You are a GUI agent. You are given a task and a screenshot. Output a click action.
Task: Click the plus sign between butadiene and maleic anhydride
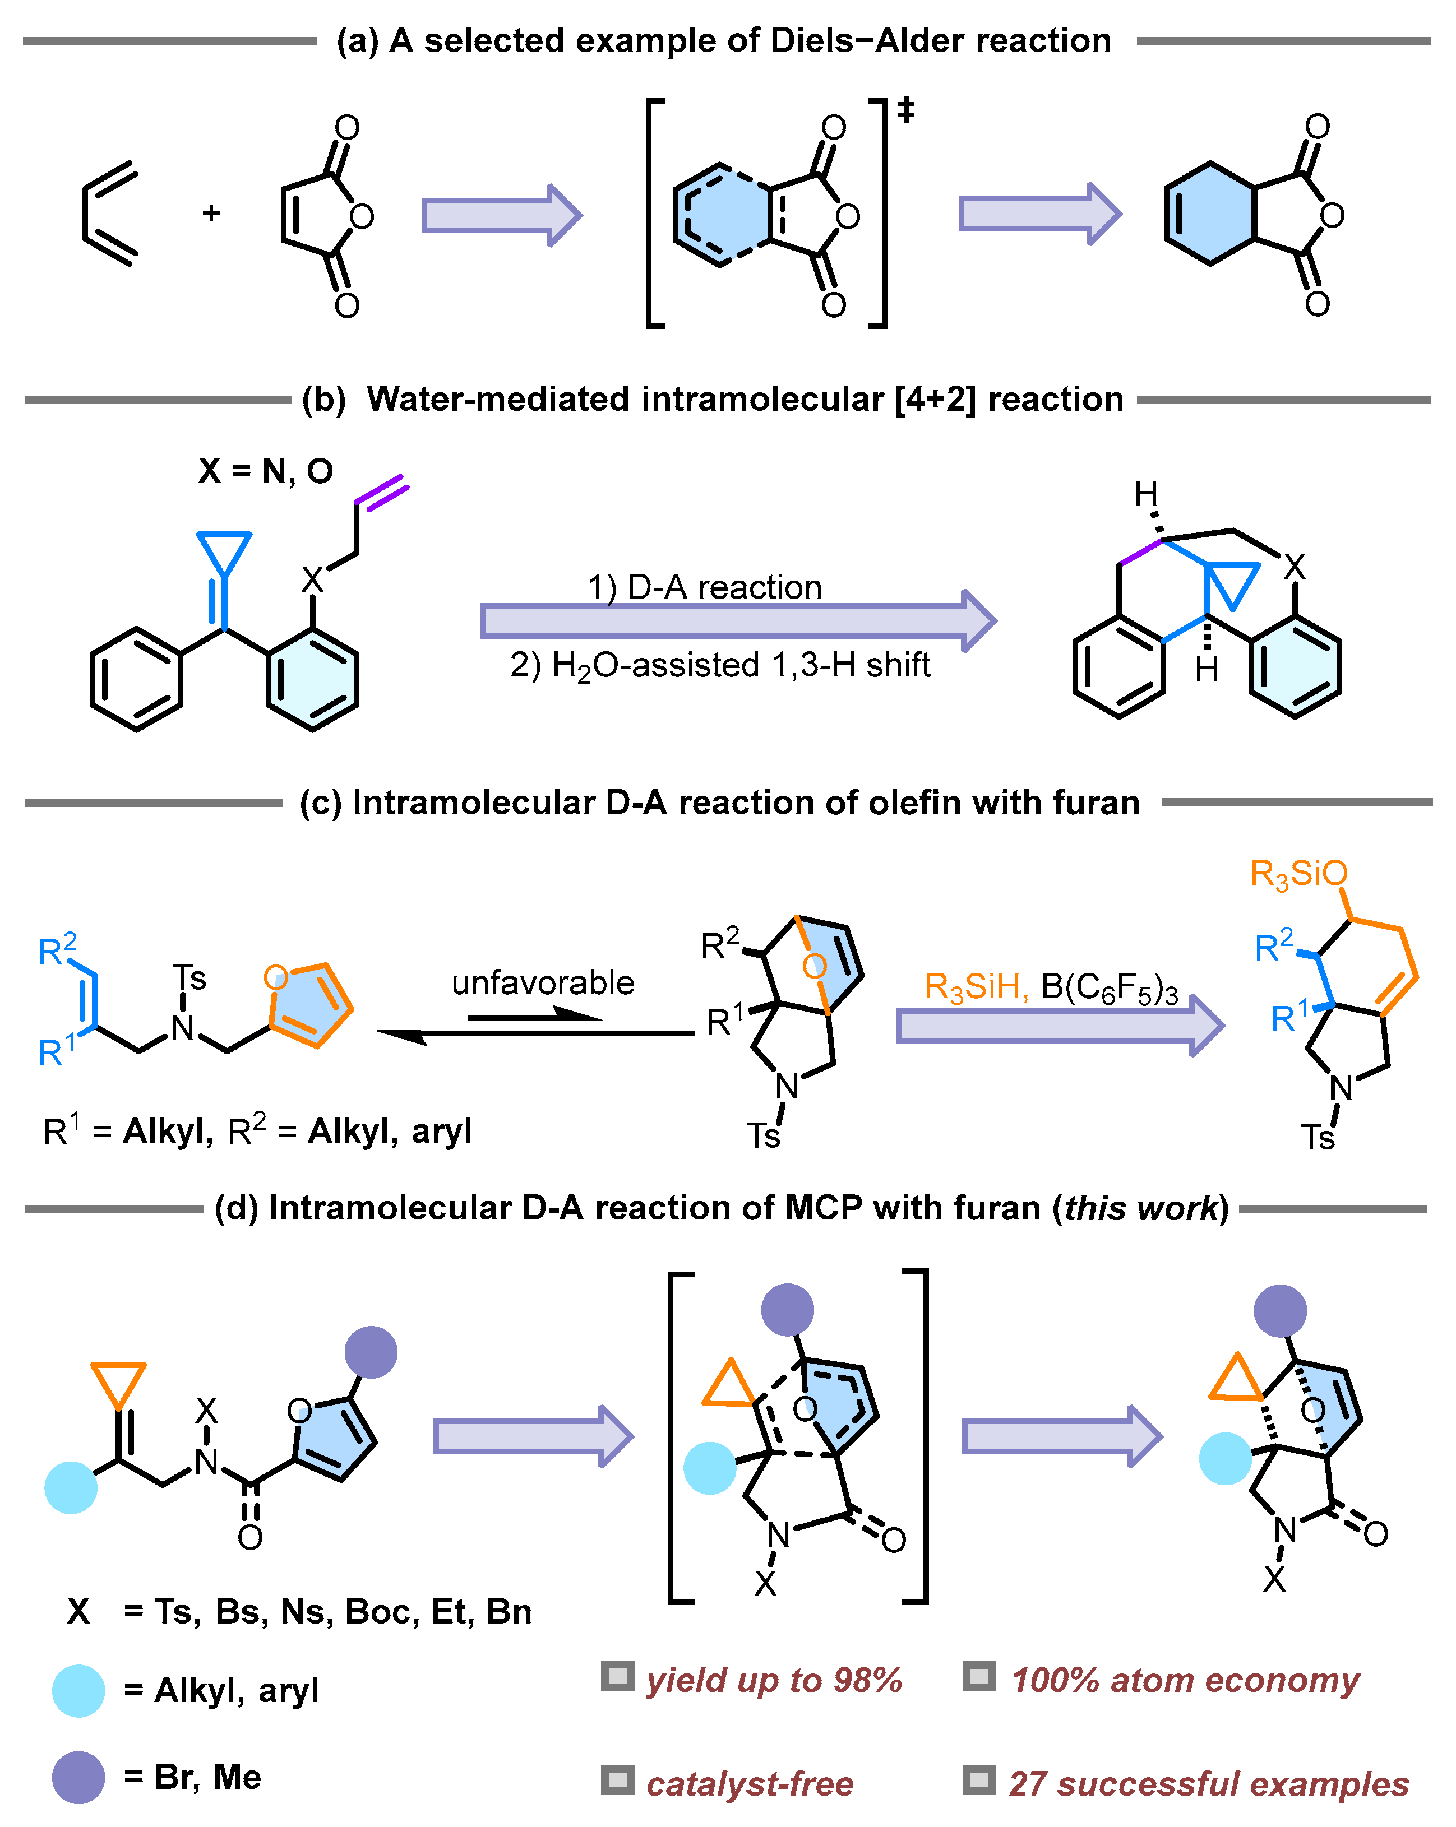coord(211,213)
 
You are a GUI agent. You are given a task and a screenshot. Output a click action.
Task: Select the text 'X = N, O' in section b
coord(265,471)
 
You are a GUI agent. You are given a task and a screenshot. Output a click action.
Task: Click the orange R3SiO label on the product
coord(1298,873)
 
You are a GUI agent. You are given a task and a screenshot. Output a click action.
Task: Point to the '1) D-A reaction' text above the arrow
coord(705,587)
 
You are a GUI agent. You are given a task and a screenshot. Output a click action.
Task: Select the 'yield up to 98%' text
coord(774,1680)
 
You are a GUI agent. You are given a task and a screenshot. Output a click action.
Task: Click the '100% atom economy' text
coord(1185,1680)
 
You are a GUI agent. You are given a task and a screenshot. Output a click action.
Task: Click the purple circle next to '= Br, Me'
coord(78,1777)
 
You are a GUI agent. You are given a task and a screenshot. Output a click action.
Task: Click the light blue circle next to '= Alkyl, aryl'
coord(78,1691)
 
